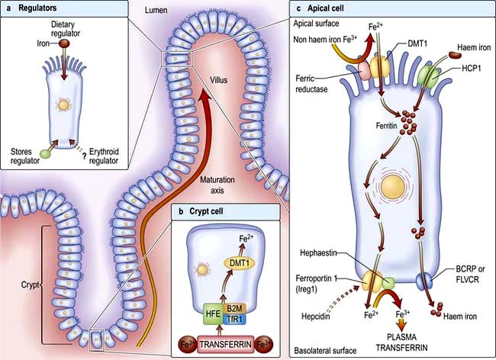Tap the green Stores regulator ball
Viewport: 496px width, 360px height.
(x=45, y=153)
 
